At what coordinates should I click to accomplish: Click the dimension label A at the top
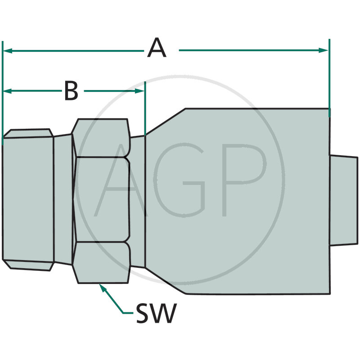point(157,49)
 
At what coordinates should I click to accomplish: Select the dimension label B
point(71,90)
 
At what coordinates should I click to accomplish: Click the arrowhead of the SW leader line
point(102,288)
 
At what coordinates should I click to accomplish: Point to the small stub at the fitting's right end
point(344,201)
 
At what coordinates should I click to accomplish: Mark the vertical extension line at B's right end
point(145,108)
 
